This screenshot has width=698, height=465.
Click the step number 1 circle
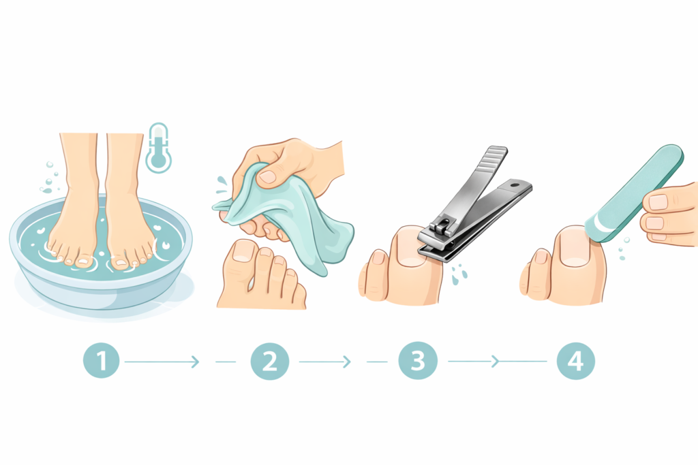tap(102, 361)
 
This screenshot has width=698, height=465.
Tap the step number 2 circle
tap(270, 361)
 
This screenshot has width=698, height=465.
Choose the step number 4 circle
tap(576, 361)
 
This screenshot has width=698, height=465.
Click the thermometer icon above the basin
tap(158, 148)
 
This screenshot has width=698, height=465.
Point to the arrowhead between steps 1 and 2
tap(196, 362)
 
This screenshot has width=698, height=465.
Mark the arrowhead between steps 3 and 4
tap(496, 362)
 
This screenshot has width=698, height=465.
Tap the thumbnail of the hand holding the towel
tap(268, 177)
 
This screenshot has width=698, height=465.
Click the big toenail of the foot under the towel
tap(243, 251)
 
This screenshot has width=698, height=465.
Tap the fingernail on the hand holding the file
tap(657, 202)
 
